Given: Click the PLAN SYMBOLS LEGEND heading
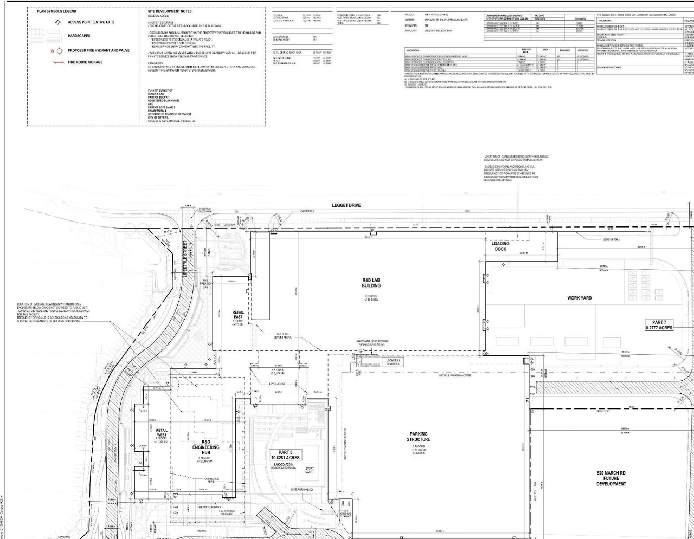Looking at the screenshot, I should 56,11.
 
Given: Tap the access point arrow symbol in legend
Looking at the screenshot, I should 57,22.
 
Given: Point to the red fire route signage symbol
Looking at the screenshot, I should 57,62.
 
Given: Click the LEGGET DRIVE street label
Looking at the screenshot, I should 346,206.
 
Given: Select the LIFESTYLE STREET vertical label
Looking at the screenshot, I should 185,259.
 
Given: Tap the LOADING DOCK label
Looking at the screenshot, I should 500,246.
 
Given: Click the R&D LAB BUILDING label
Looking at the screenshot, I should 371,283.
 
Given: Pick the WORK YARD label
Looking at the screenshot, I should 579,298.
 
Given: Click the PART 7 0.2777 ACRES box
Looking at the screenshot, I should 659,325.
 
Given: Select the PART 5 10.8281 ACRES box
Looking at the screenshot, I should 286,455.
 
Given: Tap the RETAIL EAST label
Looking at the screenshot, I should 238,315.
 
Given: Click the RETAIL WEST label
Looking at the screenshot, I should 162,433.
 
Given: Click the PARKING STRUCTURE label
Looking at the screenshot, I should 419,437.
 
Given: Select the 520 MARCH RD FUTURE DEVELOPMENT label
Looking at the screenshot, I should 611,478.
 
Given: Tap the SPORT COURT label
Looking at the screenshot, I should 310,470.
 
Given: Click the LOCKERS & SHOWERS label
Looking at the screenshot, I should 393,362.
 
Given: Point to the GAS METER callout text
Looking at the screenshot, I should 308,212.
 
